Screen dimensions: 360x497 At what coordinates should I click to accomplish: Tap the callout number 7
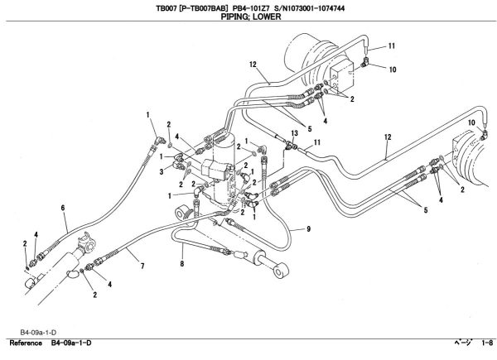click(x=142, y=266)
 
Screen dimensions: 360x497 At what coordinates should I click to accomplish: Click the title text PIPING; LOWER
click(x=248, y=17)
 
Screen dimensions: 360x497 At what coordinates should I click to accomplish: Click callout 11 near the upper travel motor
click(x=392, y=46)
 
